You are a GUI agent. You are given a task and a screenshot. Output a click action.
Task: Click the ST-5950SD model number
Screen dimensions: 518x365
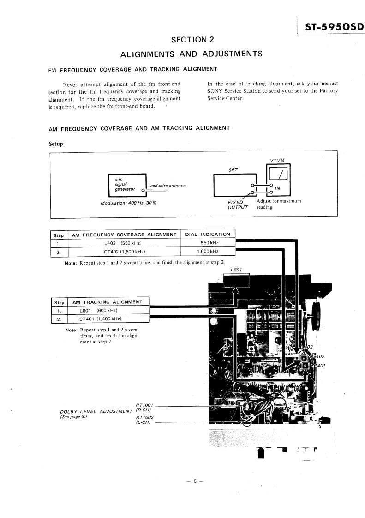pyautogui.click(x=331, y=27)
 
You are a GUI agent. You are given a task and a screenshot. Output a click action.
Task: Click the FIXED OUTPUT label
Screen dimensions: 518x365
pyautogui.click(x=238, y=204)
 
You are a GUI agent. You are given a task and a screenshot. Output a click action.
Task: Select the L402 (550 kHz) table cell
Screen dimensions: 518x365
pyautogui.click(x=123, y=243)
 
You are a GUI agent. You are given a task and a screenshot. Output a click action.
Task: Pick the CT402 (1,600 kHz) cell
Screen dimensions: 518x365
pyautogui.click(x=123, y=252)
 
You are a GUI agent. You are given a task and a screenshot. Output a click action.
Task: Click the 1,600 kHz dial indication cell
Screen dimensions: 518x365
pyautogui.click(x=207, y=252)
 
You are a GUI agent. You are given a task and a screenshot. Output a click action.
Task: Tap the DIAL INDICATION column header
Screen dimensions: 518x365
pyautogui.click(x=207, y=234)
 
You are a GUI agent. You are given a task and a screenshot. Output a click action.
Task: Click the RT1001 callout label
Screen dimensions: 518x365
pyautogui.click(x=144, y=405)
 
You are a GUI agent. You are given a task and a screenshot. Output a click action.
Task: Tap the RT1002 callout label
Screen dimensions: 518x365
pyautogui.click(x=144, y=417)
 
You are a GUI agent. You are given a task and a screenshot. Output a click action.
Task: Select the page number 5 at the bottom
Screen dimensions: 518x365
pyautogui.click(x=195, y=481)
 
